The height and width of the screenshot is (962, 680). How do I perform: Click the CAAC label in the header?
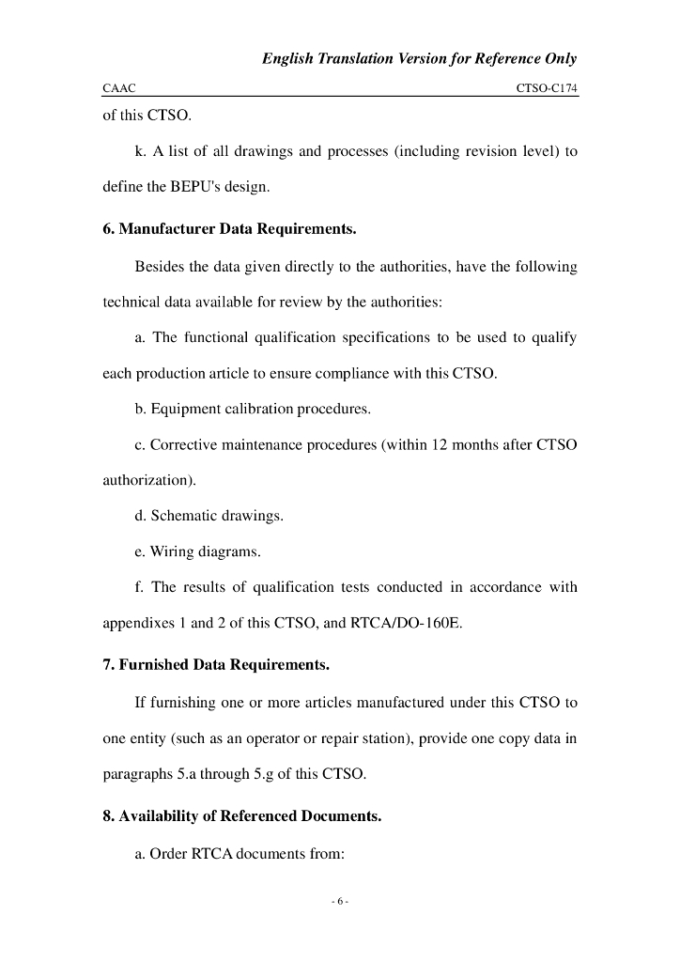[119, 88]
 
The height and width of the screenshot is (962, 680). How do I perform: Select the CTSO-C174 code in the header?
[547, 88]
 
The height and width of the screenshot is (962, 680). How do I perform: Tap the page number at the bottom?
[340, 902]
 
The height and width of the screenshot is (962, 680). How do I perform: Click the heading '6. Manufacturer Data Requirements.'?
[229, 229]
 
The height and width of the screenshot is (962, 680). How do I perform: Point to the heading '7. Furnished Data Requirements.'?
[216, 665]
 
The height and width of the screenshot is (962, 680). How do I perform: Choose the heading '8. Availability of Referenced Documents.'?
[242, 815]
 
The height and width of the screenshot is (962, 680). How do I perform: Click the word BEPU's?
[180, 186]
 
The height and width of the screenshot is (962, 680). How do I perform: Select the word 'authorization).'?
[148, 480]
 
